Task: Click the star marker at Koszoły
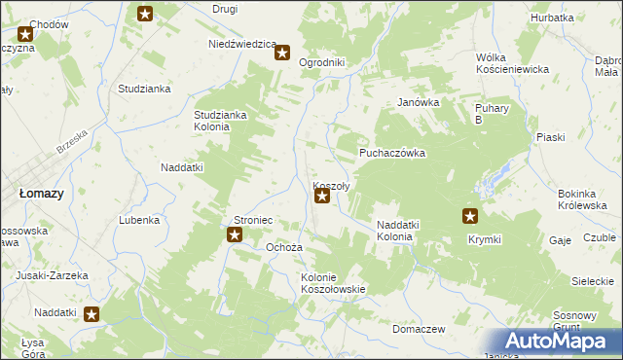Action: point(322,197)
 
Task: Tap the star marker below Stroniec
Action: point(235,234)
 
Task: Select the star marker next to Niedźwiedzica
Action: point(282,53)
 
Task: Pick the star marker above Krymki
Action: point(470,217)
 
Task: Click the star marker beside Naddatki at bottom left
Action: point(92,313)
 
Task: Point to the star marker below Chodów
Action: point(25,34)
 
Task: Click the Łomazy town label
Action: point(42,194)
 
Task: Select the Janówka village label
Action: point(420,102)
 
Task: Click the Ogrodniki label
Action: point(322,62)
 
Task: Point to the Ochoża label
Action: point(285,247)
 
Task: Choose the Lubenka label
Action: point(139,220)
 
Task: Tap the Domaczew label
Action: point(419,329)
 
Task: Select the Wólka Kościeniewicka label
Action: point(513,63)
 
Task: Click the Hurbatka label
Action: point(552,18)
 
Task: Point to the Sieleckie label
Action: point(592,281)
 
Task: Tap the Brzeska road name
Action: point(72,140)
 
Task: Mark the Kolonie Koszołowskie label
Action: point(333,283)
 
